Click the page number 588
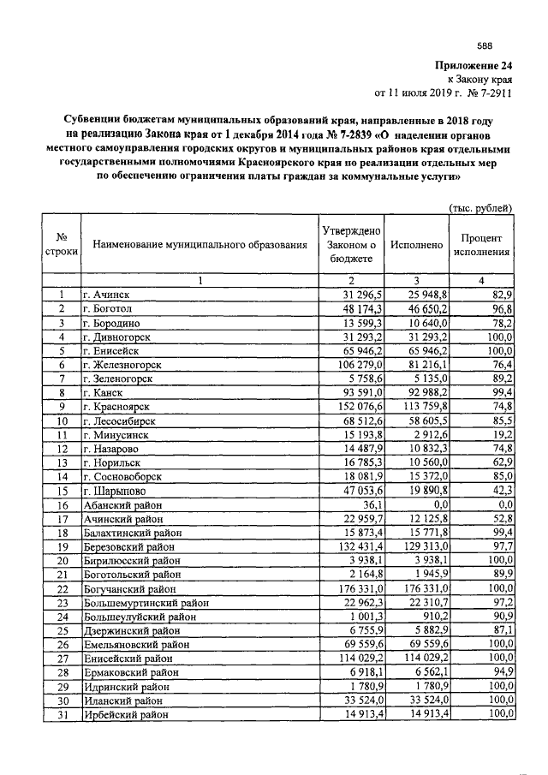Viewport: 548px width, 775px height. (x=485, y=46)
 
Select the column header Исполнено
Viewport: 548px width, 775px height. (x=416, y=245)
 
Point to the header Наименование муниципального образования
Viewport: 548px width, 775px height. (x=200, y=245)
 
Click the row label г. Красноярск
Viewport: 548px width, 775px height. (x=119, y=405)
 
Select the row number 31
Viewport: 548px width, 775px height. (x=62, y=713)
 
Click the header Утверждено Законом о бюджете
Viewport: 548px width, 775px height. (x=350, y=245)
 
